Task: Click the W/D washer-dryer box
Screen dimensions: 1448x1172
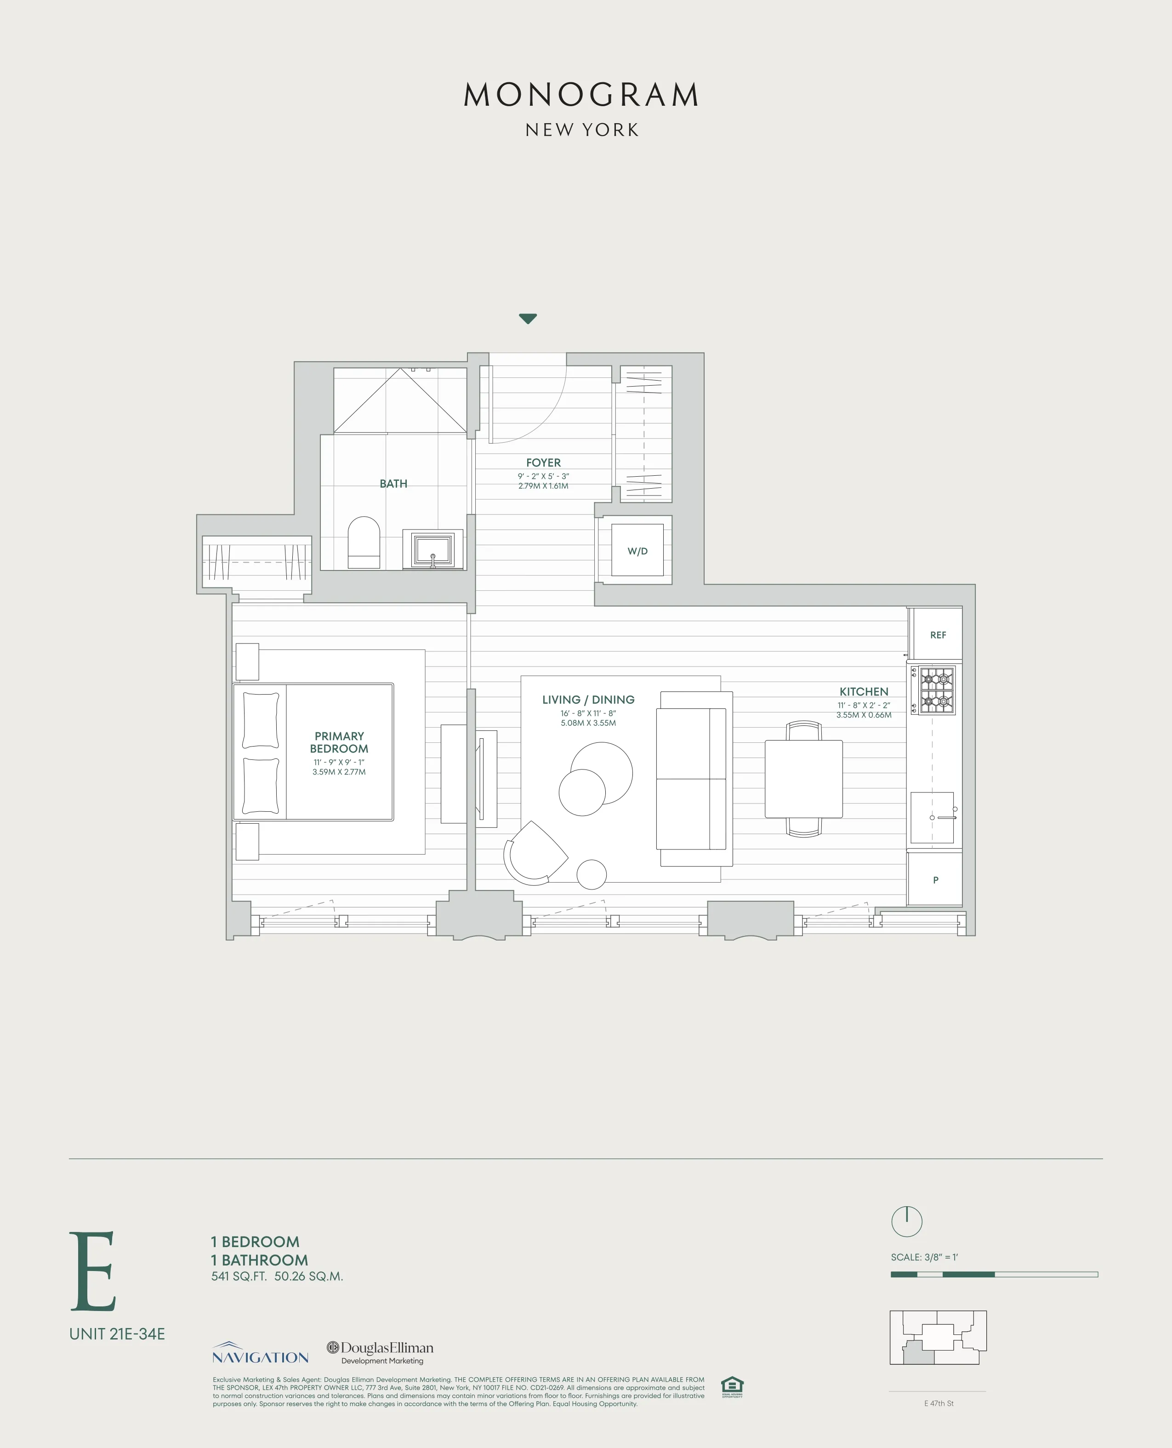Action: click(637, 550)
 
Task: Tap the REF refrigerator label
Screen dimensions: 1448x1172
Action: click(938, 634)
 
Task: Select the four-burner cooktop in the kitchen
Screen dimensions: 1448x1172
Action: click(936, 690)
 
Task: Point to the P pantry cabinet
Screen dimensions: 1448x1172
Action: click(935, 879)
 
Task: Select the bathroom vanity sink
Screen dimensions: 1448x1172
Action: click(433, 549)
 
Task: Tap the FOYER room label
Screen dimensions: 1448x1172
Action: click(543, 462)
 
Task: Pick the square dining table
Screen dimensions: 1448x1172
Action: click(803, 778)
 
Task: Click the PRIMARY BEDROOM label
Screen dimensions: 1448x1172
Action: click(339, 742)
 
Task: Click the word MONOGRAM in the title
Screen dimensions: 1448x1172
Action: click(581, 95)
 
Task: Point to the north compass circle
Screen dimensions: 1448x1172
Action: click(907, 1221)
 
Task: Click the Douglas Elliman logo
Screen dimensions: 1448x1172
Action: click(380, 1351)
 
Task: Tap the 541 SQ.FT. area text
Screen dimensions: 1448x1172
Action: click(239, 1276)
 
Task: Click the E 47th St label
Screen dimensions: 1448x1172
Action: click(939, 1403)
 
